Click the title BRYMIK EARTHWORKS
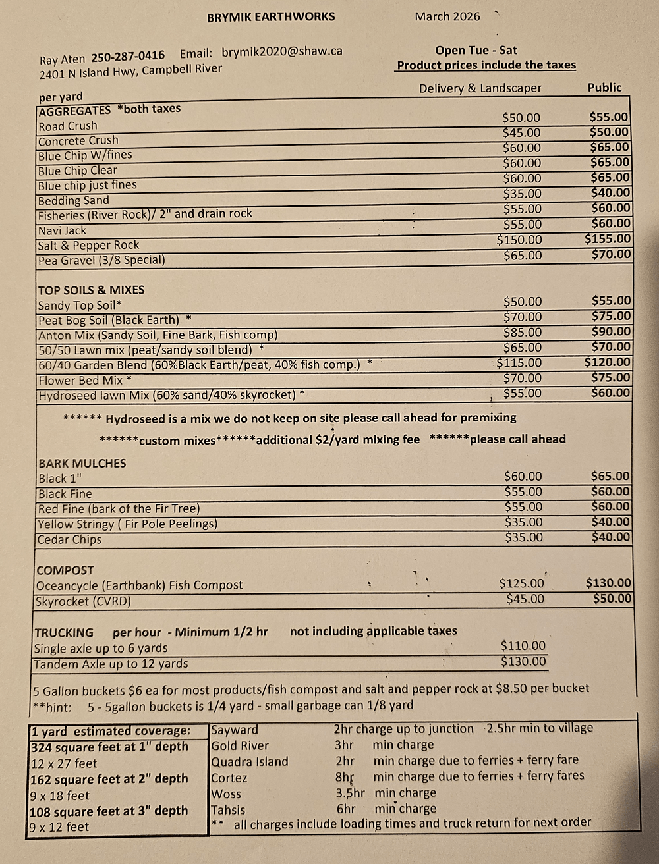click(x=271, y=17)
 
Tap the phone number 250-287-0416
click(x=128, y=57)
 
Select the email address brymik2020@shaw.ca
click(x=282, y=51)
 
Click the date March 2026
click(x=447, y=16)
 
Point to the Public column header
click(x=604, y=87)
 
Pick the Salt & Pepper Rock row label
click(x=88, y=245)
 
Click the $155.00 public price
click(x=608, y=239)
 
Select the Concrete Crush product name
click(x=78, y=140)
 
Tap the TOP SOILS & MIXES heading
click(x=91, y=290)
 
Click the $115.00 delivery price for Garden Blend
click(x=519, y=363)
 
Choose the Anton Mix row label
click(x=158, y=335)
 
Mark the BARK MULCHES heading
click(x=82, y=463)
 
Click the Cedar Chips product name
click(x=69, y=539)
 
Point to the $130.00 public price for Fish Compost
click(x=608, y=583)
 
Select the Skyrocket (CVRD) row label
click(x=83, y=601)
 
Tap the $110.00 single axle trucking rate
click(x=523, y=646)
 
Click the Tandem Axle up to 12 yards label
click(x=111, y=664)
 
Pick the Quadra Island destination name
click(x=249, y=761)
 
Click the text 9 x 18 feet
click(x=60, y=795)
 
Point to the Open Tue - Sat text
click(x=476, y=50)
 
